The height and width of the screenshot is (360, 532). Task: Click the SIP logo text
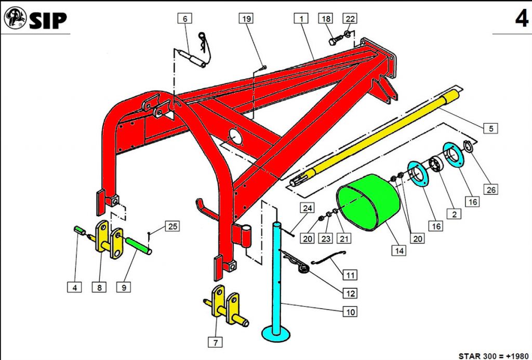click(x=48, y=20)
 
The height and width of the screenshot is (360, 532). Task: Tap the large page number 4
click(x=522, y=19)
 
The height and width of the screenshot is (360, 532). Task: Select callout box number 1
click(x=301, y=18)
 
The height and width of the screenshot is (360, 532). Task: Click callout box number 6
click(x=185, y=18)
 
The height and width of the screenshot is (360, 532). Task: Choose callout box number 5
click(x=491, y=129)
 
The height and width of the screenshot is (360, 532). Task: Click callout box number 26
click(x=491, y=190)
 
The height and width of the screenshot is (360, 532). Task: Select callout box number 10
click(x=350, y=312)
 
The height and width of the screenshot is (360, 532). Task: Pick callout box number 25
click(x=172, y=226)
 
